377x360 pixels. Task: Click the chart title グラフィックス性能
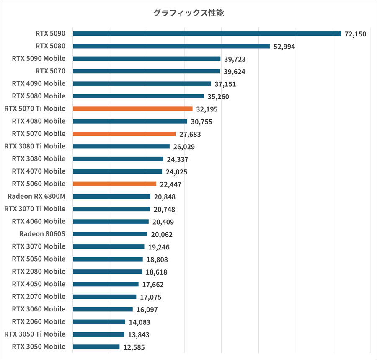[x=188, y=13]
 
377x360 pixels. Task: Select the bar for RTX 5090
[x=207, y=34]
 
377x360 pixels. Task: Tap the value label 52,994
[x=284, y=47]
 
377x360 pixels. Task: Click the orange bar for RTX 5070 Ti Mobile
[x=132, y=109]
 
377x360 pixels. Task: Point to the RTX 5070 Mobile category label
[x=39, y=134]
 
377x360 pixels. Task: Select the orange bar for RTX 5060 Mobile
[x=114, y=184]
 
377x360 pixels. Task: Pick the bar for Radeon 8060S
[x=110, y=234]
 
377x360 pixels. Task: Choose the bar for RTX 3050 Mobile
[x=96, y=347]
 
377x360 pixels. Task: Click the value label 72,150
[x=355, y=34]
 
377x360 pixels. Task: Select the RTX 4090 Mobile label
[x=39, y=83]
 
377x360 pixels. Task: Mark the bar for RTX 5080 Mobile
[x=138, y=96]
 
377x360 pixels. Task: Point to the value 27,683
[x=190, y=135]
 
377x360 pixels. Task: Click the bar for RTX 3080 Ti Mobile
[x=121, y=146]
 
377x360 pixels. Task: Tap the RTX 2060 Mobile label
[x=39, y=321]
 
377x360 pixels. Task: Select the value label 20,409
[x=163, y=222]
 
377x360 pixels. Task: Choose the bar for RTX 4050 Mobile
[x=106, y=284]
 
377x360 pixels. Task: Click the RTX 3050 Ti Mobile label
[x=35, y=334]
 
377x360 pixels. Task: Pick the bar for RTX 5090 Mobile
[x=147, y=59]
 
